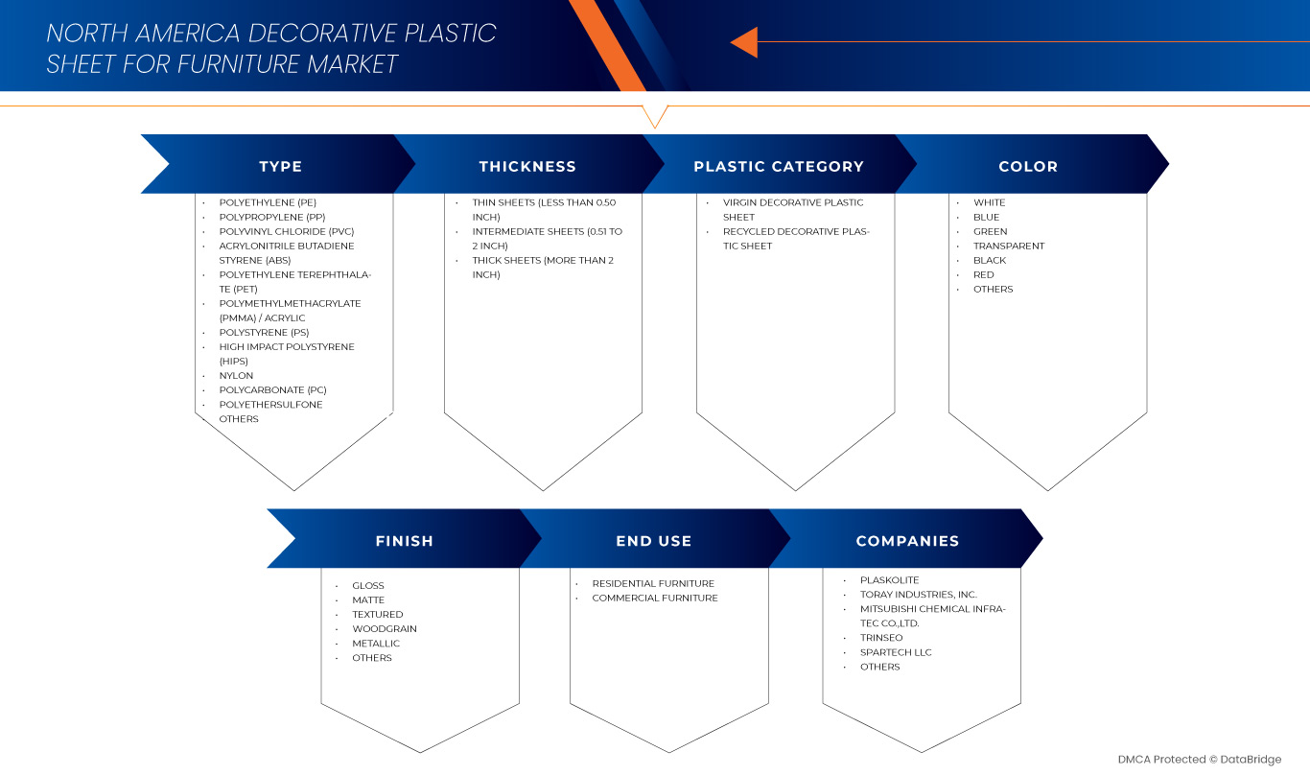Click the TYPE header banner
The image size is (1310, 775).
(x=280, y=167)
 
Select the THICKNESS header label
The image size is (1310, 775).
(x=527, y=167)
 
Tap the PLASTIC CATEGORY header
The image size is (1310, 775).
(x=779, y=167)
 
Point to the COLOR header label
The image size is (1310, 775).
(x=1028, y=167)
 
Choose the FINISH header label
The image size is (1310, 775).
(x=404, y=541)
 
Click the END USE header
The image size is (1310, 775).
(x=654, y=541)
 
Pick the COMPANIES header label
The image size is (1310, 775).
(x=907, y=541)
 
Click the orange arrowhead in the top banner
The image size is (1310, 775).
(x=744, y=42)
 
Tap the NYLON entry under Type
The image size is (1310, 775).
(x=236, y=376)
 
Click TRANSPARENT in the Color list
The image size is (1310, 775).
(x=1009, y=247)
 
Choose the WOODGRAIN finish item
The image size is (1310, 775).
(x=385, y=629)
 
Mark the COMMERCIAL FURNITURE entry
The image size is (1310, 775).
(x=655, y=599)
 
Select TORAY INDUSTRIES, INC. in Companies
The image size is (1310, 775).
(x=919, y=595)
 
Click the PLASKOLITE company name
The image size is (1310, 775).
(x=889, y=580)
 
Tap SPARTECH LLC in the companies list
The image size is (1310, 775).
(x=896, y=652)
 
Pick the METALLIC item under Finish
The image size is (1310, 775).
(x=376, y=644)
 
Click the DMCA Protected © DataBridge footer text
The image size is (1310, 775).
(x=1199, y=760)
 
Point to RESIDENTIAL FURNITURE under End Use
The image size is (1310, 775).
(x=653, y=584)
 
